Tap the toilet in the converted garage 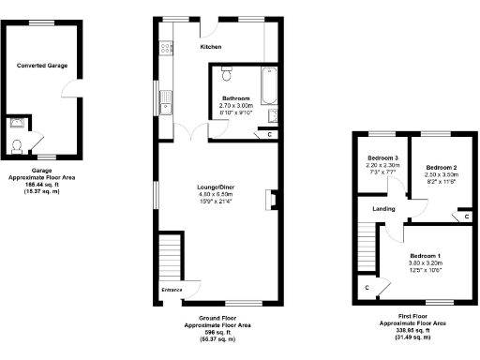[x=18, y=145]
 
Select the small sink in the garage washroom [x=16, y=122]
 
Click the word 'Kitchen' [x=211, y=46]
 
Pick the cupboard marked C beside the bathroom [x=270, y=135]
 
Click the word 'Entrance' [x=172, y=291]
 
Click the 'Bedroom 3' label [x=382, y=157]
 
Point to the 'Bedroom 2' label [x=440, y=167]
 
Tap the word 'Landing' [x=382, y=208]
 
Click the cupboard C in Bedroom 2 [x=466, y=217]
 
